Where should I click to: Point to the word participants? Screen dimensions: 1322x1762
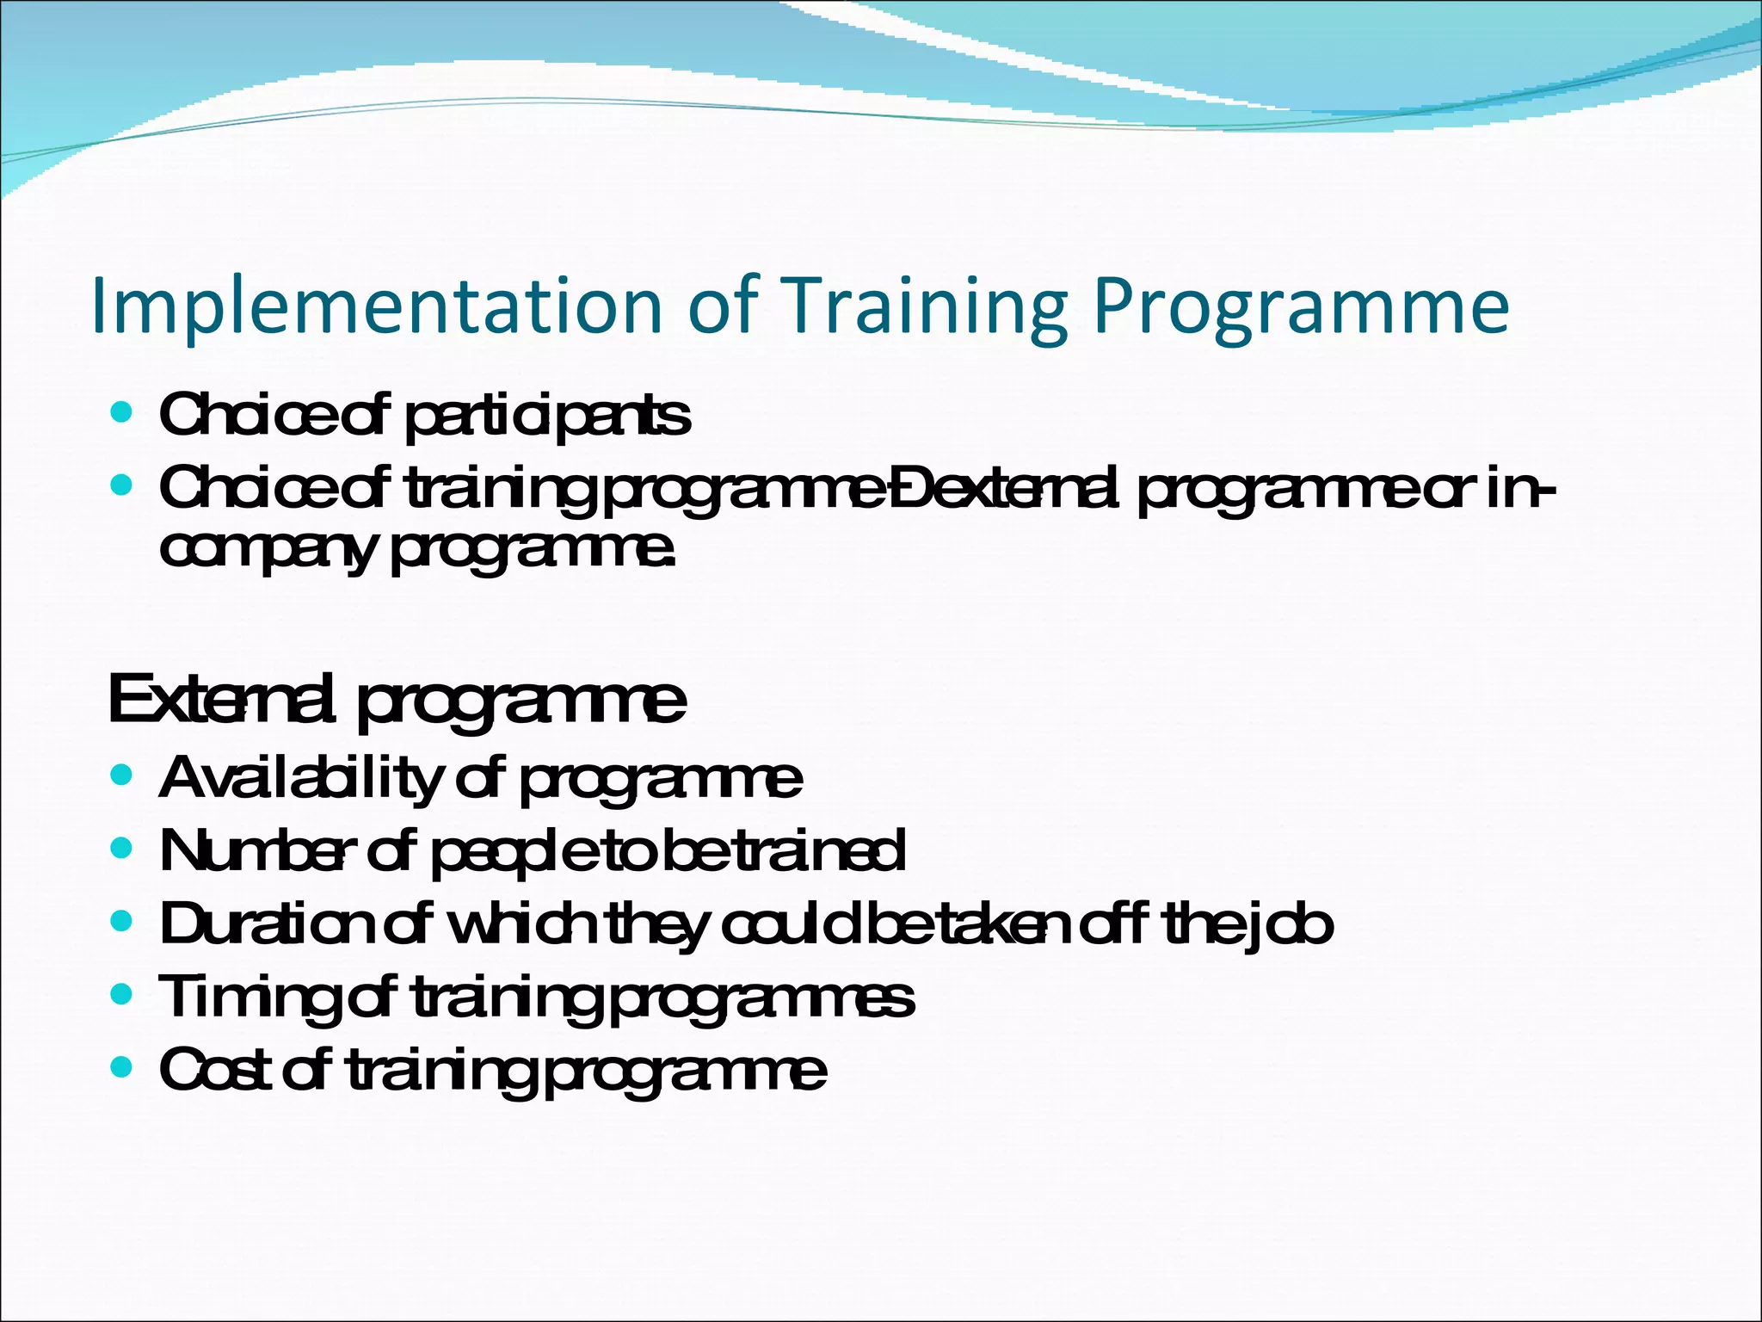pyautogui.click(x=546, y=417)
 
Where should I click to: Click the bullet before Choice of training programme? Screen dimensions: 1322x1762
pyautogui.click(x=122, y=486)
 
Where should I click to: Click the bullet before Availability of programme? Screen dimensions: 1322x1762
pyautogui.click(x=122, y=775)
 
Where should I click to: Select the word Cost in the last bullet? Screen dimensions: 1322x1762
pyautogui.click(x=215, y=1070)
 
